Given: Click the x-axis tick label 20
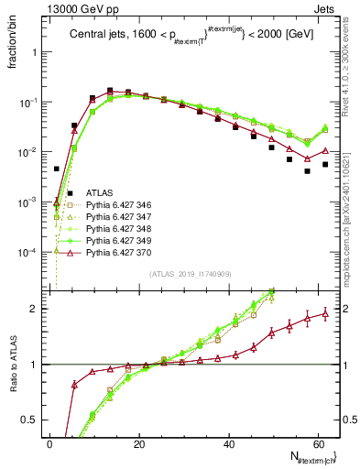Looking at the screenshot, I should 139,444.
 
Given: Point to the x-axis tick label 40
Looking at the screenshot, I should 229,444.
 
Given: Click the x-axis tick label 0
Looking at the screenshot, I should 50,444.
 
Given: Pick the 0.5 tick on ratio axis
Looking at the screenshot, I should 30,420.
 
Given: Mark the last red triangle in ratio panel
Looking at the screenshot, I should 325,313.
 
